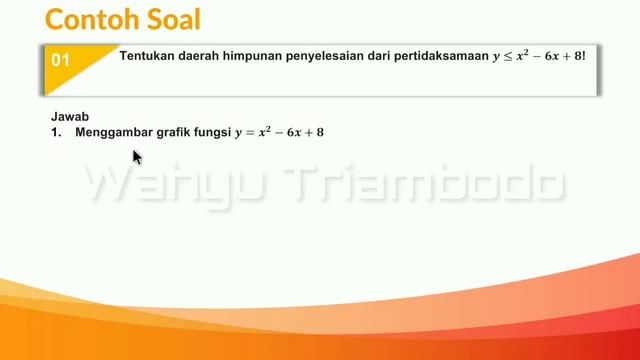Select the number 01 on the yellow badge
pos(61,60)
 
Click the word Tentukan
pos(148,57)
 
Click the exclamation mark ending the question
pos(582,57)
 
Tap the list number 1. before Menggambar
pos(56,131)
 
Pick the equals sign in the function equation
pos(251,132)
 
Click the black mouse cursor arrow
pos(137,157)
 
